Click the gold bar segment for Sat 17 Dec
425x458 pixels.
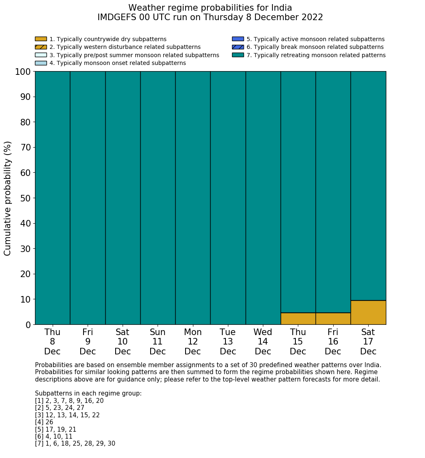point(368,312)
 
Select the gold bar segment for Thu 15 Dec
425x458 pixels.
point(298,319)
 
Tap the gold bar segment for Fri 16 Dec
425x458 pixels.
point(333,319)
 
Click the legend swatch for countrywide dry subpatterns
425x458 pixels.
point(41,39)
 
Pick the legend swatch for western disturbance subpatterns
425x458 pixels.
point(41,47)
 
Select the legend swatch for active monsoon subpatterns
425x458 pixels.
point(238,39)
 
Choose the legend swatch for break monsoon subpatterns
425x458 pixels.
point(238,47)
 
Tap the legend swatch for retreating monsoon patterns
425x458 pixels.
point(238,55)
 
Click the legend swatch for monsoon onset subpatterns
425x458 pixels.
point(41,63)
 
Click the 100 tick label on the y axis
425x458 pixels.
point(23,72)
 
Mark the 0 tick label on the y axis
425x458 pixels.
point(28,325)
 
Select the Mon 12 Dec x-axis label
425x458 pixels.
point(193,342)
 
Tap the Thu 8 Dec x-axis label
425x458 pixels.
point(52,342)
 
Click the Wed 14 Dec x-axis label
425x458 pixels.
point(263,342)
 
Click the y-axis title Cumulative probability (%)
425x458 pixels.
point(8,198)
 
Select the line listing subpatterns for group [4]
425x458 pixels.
point(44,422)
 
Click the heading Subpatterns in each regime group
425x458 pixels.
point(88,393)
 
